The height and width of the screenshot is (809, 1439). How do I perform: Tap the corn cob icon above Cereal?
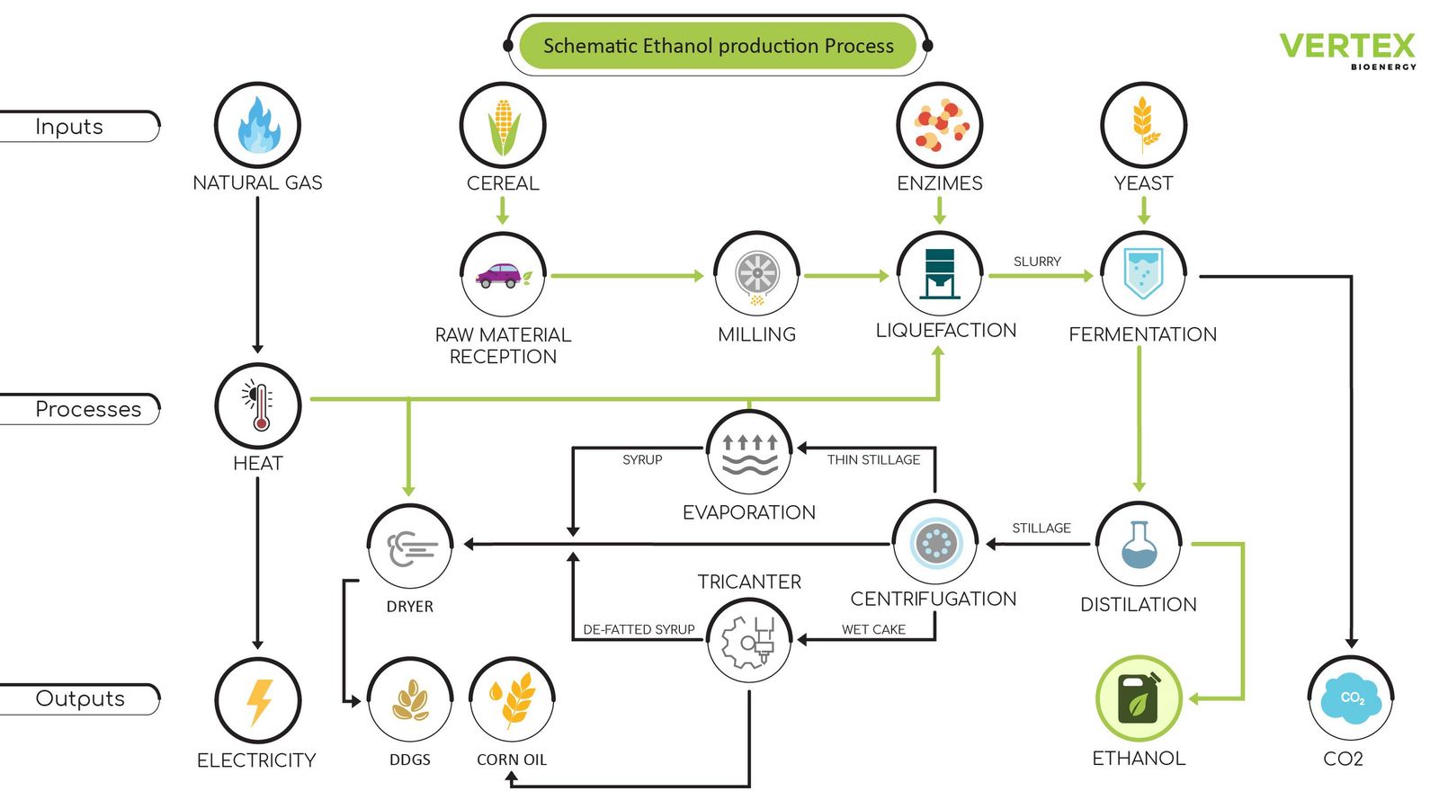[503, 126]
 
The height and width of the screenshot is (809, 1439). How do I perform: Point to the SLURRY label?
[1037, 262]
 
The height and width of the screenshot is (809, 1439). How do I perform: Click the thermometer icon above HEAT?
[258, 405]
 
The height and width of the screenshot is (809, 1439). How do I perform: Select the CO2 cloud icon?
[1350, 698]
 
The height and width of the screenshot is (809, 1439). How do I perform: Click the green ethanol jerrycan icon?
[1139, 698]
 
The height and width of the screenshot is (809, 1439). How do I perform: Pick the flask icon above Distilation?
[1139, 545]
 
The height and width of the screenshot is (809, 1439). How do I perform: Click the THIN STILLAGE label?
[873, 459]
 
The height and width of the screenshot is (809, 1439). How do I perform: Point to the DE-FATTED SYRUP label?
[639, 629]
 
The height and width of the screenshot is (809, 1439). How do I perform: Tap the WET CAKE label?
[873, 629]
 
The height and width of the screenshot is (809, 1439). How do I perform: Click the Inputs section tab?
[70, 127]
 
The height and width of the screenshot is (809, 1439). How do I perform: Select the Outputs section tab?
[80, 698]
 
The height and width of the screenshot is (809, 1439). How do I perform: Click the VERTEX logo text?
[1346, 46]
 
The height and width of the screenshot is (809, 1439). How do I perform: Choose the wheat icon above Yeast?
[1143, 125]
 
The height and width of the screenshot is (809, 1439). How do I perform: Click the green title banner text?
[718, 46]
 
